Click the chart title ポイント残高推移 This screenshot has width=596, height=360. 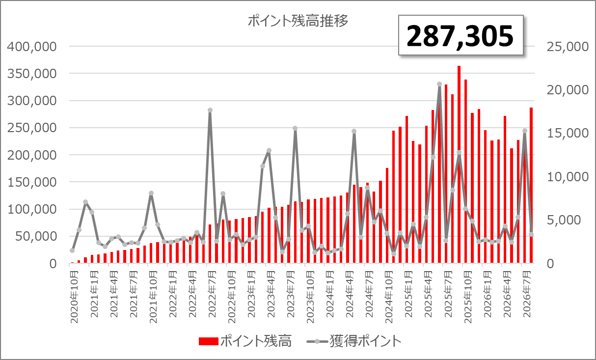(298, 21)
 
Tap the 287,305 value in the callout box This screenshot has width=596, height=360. (460, 36)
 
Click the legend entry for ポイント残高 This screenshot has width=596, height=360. (245, 341)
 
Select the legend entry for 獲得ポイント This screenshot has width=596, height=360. (354, 341)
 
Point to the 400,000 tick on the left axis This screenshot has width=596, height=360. (32, 47)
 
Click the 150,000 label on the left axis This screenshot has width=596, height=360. (32, 182)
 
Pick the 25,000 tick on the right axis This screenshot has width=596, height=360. (568, 47)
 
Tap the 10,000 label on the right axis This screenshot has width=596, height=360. (568, 177)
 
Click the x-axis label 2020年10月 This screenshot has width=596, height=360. (75, 297)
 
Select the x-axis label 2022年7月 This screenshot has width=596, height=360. (212, 294)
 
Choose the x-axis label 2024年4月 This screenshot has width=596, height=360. (350, 294)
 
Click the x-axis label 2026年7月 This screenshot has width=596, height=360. (527, 294)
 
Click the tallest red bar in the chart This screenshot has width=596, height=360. (459, 165)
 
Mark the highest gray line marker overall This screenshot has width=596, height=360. (439, 84)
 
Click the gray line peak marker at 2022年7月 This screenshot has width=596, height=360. (210, 110)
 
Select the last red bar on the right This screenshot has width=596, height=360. (531, 185)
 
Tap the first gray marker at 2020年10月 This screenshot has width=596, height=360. (72, 250)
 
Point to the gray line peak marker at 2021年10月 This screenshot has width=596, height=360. (151, 194)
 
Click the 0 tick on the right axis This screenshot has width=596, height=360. (550, 264)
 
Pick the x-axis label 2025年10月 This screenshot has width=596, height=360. (468, 297)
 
